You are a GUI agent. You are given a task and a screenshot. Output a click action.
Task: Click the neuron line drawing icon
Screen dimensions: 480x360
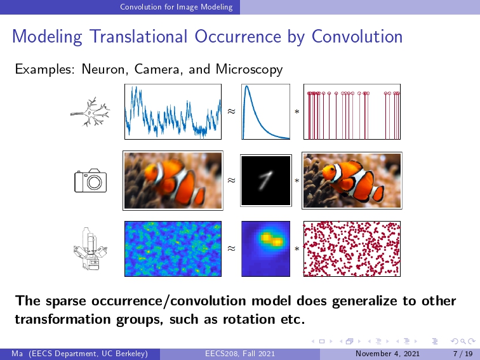90,112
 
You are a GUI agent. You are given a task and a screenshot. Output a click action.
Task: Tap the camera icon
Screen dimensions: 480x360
91,180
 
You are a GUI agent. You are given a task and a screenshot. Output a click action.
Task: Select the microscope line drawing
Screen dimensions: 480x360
90,249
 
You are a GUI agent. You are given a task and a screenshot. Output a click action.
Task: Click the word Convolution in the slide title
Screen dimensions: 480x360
357,36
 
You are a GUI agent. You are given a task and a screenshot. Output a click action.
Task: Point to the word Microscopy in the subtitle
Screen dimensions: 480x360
249,69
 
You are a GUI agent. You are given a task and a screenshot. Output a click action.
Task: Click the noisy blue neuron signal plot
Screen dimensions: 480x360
173,112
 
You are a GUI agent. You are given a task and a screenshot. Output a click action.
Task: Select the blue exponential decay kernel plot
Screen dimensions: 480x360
265,112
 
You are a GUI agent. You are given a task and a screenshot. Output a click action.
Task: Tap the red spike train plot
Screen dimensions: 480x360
352,112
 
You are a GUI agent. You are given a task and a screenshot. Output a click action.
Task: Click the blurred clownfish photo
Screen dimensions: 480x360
173,180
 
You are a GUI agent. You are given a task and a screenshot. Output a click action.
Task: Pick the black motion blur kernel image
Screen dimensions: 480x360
266,180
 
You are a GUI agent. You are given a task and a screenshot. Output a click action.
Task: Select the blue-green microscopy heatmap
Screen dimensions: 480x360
173,249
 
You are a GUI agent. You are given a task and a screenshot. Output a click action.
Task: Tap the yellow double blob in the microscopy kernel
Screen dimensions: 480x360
271,239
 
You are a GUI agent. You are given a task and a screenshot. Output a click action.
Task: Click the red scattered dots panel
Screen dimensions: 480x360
352,249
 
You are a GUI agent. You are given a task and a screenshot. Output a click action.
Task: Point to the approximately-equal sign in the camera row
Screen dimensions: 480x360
231,180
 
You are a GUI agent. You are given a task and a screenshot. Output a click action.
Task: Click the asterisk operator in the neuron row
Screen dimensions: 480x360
297,112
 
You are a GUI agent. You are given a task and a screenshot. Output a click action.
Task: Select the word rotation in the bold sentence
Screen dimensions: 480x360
249,319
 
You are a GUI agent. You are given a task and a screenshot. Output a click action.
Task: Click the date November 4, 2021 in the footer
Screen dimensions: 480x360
387,354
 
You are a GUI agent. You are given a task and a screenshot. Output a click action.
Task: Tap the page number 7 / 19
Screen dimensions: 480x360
463,354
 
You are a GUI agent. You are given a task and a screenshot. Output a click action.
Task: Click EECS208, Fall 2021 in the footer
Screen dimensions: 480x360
240,354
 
